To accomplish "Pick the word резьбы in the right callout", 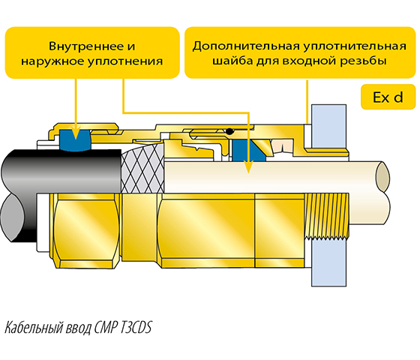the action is pyautogui.click(x=364, y=61).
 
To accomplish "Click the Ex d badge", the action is pyautogui.click(x=388, y=97).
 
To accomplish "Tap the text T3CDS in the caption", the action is pyautogui.click(x=136, y=328).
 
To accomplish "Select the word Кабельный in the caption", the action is pyautogui.click(x=34, y=328).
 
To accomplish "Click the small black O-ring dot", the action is pyautogui.click(x=229, y=131).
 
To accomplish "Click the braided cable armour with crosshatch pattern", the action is pyautogui.click(x=142, y=169).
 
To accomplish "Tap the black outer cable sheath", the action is pyautogui.click(x=61, y=171).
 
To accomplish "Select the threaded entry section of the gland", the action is pyautogui.click(x=327, y=216).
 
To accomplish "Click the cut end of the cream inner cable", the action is pyautogui.click(x=382, y=176).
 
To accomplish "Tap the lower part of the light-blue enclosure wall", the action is pyautogui.click(x=329, y=262).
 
